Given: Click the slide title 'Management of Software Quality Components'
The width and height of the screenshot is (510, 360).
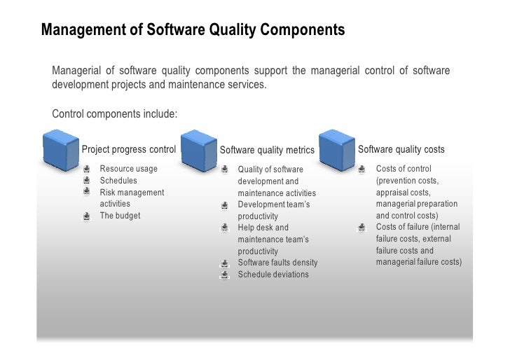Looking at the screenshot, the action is tap(193, 31).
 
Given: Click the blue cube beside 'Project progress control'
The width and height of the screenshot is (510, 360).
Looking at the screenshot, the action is tap(60, 148).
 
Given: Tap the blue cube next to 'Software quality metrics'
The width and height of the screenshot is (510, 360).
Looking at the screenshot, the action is tap(198, 148).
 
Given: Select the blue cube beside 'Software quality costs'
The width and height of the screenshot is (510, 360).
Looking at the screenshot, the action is tap(337, 148).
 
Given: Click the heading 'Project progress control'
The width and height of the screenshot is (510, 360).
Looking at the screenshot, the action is tap(129, 149).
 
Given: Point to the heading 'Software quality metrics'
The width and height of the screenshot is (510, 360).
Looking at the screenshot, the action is tap(267, 150).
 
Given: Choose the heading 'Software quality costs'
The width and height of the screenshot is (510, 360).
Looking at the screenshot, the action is tap(401, 149).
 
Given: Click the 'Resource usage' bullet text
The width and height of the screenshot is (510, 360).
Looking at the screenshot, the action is tap(128, 169).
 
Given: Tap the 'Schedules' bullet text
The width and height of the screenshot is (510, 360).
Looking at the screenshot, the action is tap(118, 181).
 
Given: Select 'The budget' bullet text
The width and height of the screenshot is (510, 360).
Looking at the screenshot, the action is tap(120, 216).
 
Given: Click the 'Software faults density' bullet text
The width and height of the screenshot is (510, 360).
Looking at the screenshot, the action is tap(277, 263).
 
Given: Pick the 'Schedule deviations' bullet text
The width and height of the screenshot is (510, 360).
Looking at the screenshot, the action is tap(273, 275).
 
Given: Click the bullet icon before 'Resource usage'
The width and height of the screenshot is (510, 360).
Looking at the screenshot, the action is tap(86, 169).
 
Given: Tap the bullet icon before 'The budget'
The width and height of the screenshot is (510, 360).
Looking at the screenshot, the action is tap(86, 216).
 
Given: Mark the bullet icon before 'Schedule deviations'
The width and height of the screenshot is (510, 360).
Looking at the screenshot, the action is tap(224, 275).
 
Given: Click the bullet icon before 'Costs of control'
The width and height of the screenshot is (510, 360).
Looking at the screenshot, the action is tap(361, 169).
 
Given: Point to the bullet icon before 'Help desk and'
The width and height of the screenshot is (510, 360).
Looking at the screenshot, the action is tap(224, 228).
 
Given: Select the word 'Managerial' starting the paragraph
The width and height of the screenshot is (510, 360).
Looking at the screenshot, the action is tap(74, 71).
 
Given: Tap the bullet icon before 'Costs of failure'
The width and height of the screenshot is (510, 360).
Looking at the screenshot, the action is tap(361, 227).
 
